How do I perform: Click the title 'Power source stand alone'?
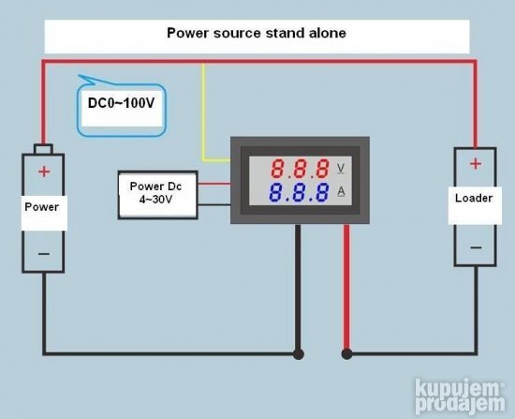pos(256,33)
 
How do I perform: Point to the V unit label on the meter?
pos(342,168)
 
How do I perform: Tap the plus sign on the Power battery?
pos(43,172)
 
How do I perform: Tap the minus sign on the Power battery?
pos(43,254)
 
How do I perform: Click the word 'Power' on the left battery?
pos(41,207)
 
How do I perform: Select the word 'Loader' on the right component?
pos(473,199)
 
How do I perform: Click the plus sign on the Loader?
pos(475,164)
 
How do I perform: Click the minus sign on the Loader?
pos(476,247)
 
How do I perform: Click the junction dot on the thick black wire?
pos(299,354)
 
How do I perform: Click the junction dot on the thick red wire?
pos(347,354)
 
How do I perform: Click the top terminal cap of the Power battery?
pos(43,149)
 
